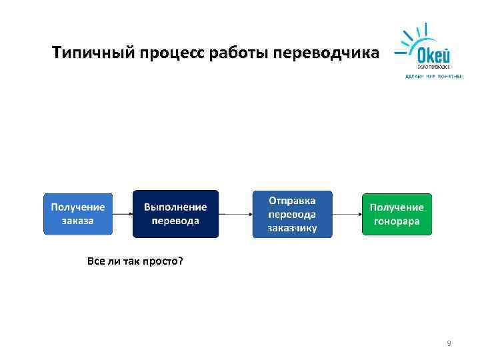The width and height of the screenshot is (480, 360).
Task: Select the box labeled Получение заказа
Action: pos(78,214)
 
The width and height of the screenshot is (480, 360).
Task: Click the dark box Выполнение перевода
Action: pos(175,214)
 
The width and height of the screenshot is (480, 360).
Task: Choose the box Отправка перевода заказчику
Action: pos(292,214)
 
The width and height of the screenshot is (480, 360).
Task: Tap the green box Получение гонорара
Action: pos(397,214)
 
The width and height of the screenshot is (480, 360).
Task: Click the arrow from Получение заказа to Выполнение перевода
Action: pos(123,214)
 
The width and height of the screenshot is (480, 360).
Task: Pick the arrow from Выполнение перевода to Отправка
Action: pos(235,214)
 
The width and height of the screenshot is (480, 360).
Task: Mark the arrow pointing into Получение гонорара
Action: pos(347,214)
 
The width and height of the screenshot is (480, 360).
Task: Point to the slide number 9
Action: pos(449,343)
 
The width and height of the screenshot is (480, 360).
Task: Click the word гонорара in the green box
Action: pos(397,221)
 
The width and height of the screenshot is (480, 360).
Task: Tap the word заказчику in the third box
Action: pos(292,228)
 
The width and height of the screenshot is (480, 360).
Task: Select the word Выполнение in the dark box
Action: pos(175,207)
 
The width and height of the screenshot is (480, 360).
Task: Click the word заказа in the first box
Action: pos(78,221)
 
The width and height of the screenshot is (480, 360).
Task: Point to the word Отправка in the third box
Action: pos(292,200)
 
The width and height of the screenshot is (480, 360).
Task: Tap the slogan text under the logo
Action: pos(433,76)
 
